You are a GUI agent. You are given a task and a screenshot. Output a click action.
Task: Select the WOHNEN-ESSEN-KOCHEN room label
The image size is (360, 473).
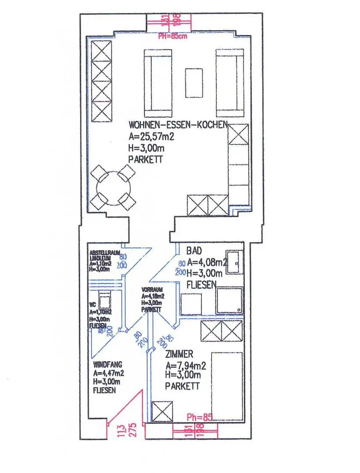pyautogui.click(x=178, y=125)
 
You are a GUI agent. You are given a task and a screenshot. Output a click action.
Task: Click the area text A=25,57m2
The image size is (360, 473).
pyautogui.click(x=151, y=137)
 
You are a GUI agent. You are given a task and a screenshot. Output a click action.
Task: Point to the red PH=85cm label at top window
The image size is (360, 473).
pyautogui.click(x=172, y=36)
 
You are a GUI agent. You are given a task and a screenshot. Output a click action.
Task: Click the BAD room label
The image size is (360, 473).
pyautogui.click(x=194, y=251)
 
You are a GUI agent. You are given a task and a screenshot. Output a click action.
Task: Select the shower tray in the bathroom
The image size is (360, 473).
pyautogui.click(x=230, y=300)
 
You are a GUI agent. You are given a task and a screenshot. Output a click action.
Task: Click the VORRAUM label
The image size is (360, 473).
pyautogui.click(x=152, y=290)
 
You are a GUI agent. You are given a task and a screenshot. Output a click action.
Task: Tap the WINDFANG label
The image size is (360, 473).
pyautogui.click(x=107, y=364)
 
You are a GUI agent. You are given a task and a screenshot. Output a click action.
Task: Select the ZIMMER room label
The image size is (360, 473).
pyautogui.click(x=179, y=354)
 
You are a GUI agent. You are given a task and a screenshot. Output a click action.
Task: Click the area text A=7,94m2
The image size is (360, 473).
pyautogui.click(x=183, y=365)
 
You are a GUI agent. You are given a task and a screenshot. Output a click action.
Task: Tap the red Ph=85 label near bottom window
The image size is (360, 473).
pyautogui.click(x=199, y=417)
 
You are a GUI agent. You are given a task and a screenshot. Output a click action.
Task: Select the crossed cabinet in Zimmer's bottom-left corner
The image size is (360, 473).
pyautogui.click(x=162, y=411)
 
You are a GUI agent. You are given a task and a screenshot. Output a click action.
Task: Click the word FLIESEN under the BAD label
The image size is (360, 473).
pyautogui.click(x=201, y=285)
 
